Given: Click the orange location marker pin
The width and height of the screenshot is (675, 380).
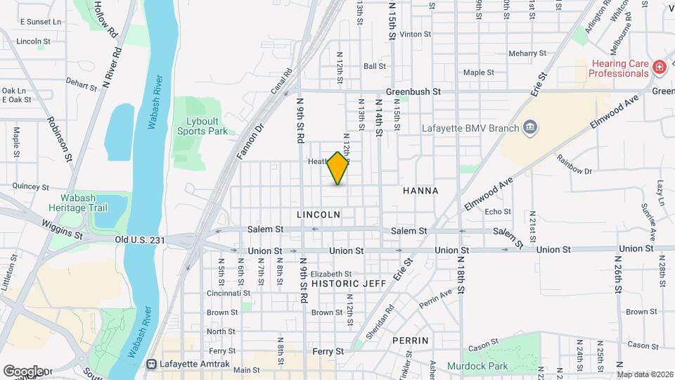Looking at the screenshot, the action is [338, 168].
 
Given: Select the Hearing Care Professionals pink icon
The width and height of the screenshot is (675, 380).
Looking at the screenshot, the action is [660, 68].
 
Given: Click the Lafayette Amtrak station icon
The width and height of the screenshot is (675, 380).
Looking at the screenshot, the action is [151, 364].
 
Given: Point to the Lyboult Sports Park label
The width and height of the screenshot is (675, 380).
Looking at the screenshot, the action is [202, 126].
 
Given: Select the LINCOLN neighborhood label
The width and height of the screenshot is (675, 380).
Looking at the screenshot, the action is [319, 214].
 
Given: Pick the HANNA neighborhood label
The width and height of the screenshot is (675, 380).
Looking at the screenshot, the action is [420, 191].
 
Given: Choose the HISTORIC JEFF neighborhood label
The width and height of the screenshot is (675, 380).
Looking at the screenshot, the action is [349, 283].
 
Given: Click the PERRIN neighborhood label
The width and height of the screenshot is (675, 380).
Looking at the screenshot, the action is [411, 340].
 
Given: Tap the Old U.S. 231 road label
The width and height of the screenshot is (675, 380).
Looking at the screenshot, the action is [140, 240].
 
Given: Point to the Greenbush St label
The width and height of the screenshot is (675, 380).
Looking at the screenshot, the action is [413, 91].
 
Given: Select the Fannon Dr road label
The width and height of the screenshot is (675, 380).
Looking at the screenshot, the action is [249, 141].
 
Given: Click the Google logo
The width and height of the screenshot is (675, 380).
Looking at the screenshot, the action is [22, 371].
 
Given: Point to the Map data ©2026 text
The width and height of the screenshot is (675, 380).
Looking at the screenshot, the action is [644, 374].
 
